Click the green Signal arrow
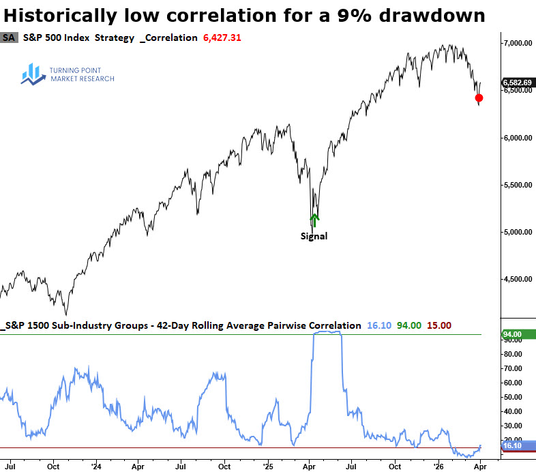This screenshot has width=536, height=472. (314, 220)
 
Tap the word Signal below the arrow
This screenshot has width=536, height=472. (314, 237)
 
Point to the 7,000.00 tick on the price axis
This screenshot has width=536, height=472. (517, 43)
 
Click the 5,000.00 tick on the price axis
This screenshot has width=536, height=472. (517, 232)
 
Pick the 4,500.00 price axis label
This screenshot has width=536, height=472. (517, 279)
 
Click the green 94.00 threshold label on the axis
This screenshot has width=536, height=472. (516, 334)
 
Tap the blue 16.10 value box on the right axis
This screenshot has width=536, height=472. (516, 445)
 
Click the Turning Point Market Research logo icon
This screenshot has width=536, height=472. (32, 74)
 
